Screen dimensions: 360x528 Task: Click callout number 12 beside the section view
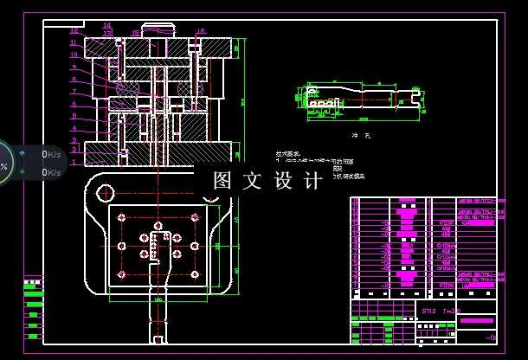(74, 30)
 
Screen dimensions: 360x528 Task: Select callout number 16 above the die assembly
(201, 31)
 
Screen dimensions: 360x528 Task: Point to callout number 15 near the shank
(135, 33)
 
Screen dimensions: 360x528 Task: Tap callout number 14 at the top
(106, 26)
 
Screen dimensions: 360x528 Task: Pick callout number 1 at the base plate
(74, 161)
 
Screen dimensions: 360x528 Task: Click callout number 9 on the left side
(74, 67)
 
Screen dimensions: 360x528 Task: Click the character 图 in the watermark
(222, 181)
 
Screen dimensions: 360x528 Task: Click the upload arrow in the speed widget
(22, 154)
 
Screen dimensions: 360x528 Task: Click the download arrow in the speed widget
(22, 172)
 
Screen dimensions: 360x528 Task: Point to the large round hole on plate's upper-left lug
(106, 192)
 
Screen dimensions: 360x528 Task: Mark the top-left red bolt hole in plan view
(123, 216)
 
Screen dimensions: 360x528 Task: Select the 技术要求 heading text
(287, 152)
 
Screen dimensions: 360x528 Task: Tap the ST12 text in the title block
(428, 309)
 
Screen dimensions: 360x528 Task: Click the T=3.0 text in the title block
(452, 309)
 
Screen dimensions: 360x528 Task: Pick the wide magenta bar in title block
(476, 321)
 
